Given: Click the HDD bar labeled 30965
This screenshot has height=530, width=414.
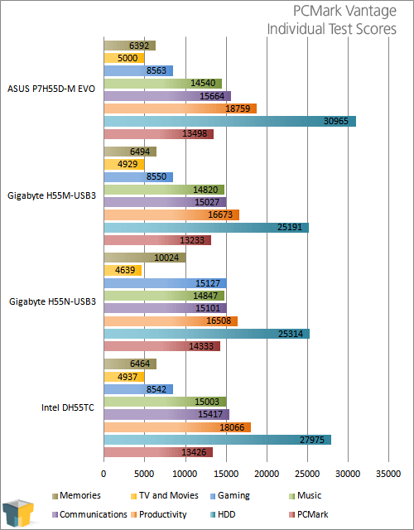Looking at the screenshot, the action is point(230,121).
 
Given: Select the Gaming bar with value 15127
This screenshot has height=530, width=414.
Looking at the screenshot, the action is point(166,283).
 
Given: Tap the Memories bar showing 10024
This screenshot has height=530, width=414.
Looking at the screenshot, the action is point(145,258).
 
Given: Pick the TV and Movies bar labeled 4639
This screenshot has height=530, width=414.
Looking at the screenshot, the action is point(123,271).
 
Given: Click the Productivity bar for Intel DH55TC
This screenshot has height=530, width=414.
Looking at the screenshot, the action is point(177,427).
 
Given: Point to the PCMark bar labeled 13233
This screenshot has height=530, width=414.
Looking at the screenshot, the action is point(157,240).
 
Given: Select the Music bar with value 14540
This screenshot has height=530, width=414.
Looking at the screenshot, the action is point(163,84).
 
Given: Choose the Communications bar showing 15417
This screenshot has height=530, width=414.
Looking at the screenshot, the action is point(166,414).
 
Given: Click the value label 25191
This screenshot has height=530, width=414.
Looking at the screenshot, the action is point(290,227).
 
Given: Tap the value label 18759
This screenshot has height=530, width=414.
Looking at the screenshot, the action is point(238,108).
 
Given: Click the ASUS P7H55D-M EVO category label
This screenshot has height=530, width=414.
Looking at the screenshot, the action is point(51,89).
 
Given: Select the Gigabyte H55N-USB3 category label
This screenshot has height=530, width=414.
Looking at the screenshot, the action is point(52,301).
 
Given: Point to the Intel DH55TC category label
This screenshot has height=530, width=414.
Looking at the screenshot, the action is point(68,407).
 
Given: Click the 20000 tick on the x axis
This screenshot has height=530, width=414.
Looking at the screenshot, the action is point(267,474).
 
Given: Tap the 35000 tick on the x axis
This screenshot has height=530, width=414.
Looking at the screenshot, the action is point(388,474).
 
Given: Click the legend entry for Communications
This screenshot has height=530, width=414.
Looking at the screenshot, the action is point(89,514).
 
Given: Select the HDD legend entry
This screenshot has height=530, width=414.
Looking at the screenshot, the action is point(223,514).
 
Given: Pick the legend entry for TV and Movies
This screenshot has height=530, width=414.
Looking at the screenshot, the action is point(165,495).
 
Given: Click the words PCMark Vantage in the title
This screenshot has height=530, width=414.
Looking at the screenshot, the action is point(344,11).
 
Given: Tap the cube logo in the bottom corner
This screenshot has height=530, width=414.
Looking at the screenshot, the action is point(18,513).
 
